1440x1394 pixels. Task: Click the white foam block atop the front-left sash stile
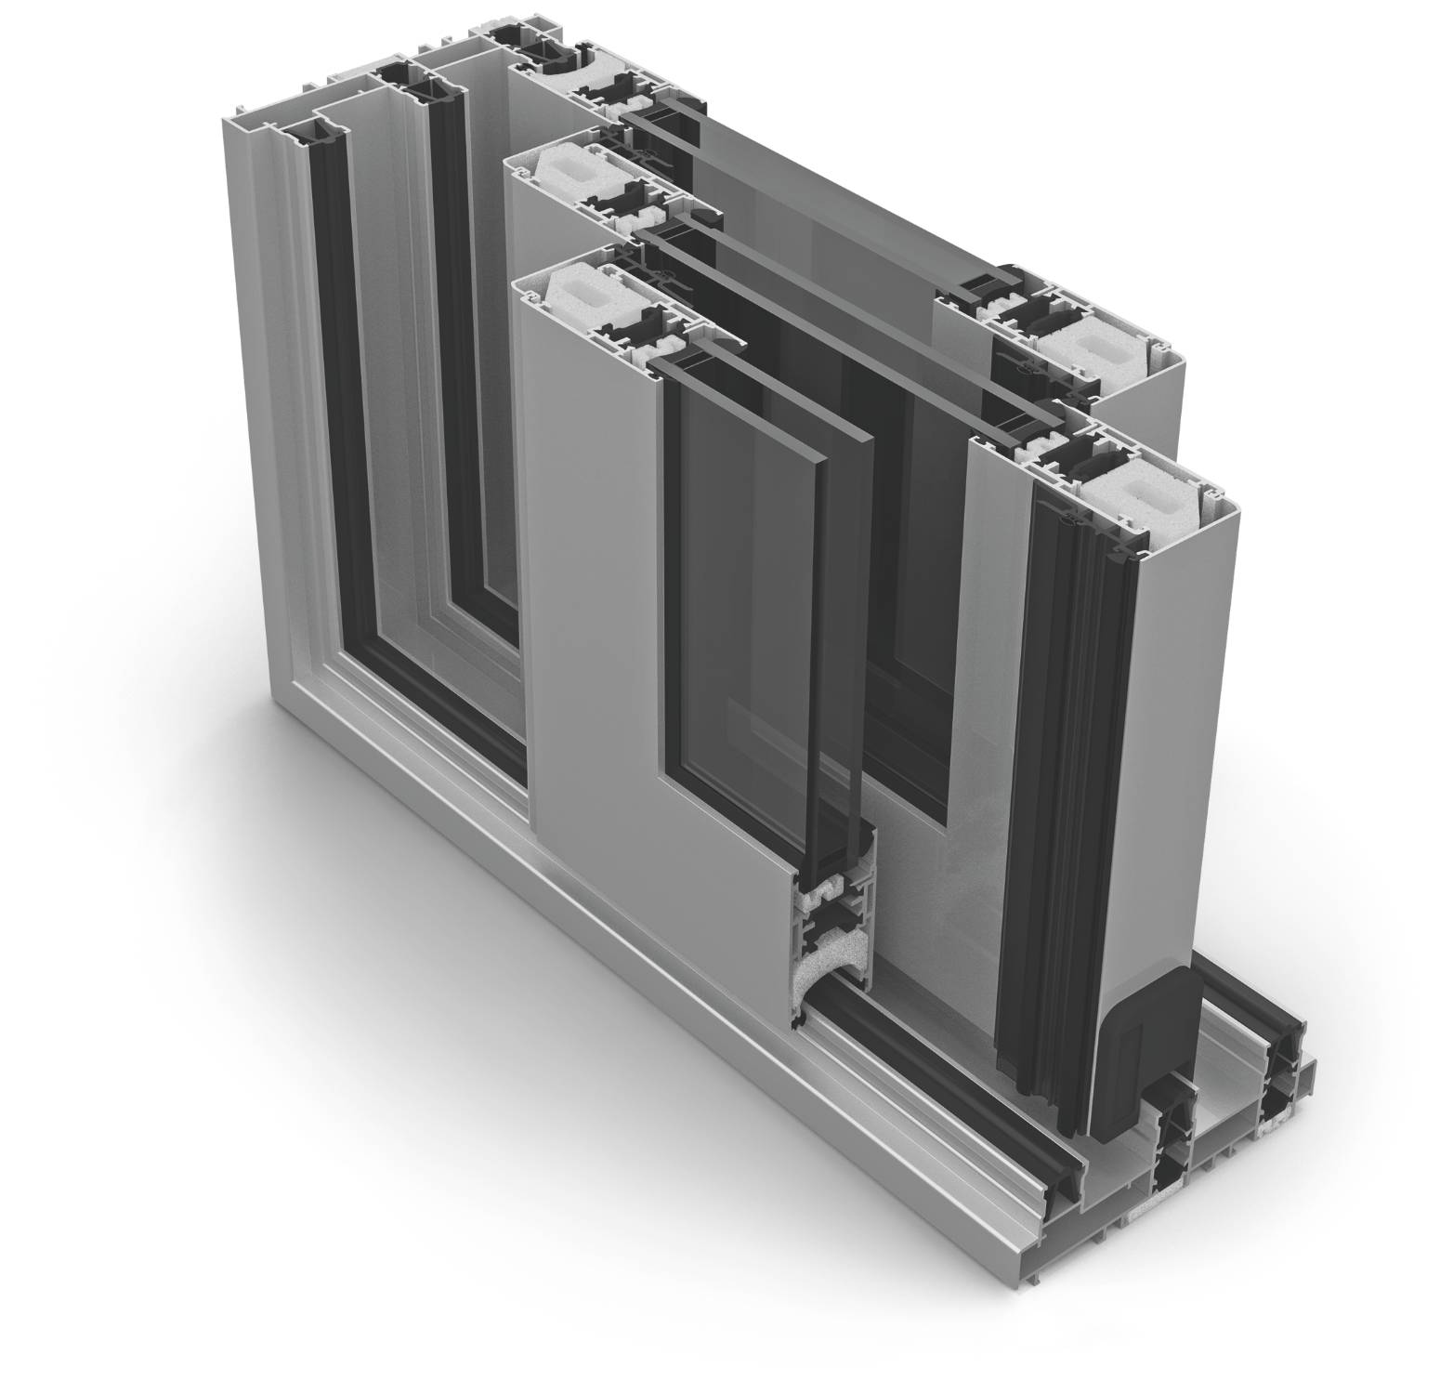tap(577, 290)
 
